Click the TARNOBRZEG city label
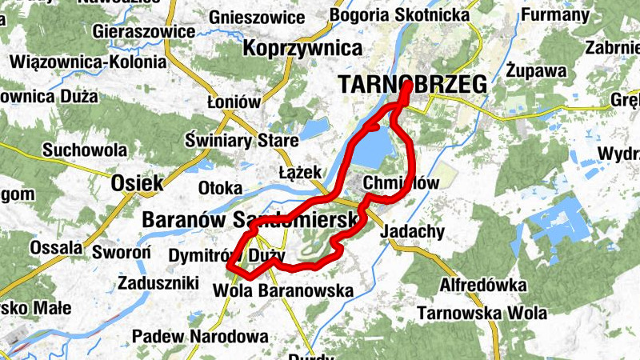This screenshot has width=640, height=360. point(413,84)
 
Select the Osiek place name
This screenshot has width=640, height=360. point(138,182)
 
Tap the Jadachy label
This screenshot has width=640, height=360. point(414,231)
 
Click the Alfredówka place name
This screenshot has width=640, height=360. point(483,286)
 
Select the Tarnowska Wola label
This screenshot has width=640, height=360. point(482,313)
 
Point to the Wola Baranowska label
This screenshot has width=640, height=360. point(284,291)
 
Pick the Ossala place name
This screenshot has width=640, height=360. point(56,248)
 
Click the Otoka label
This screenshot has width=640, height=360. point(220,188)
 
